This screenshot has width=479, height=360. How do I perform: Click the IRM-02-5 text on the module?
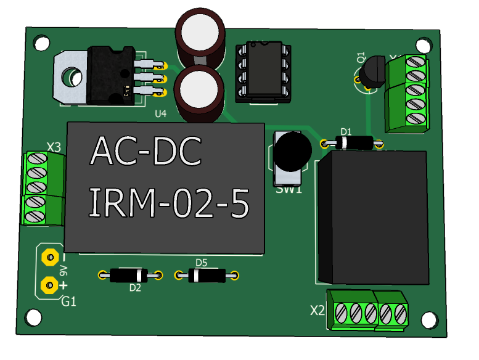click(170, 203)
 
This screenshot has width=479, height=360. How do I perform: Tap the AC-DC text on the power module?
click(146, 152)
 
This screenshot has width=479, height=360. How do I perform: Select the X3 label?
click(54, 147)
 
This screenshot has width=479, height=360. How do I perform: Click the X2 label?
click(317, 310)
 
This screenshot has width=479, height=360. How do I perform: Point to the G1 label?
click(68, 301)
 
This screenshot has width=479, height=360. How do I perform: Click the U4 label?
click(160, 114)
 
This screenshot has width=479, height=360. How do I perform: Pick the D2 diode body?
click(129, 275)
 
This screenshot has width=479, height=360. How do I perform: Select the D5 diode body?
click(206, 276)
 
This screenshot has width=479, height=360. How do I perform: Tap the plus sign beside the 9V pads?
click(63, 285)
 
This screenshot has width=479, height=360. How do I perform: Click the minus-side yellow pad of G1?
click(48, 256)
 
